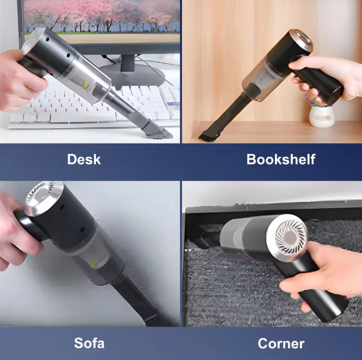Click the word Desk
84,159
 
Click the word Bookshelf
281,159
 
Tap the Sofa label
89,343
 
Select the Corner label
281,343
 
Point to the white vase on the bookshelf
321,116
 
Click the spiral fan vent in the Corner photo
291,237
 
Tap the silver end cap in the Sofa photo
44,198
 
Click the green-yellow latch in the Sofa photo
92,262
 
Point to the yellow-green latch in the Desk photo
85,84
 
